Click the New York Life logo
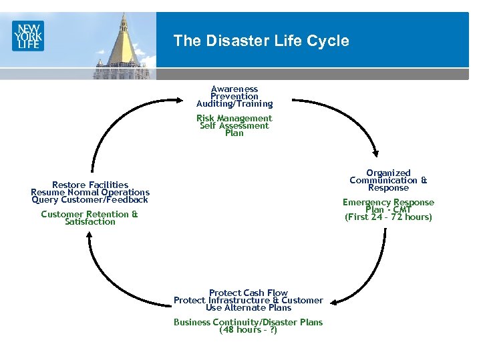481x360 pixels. (27, 35)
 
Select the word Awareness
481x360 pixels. (234, 89)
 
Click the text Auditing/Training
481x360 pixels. (234, 104)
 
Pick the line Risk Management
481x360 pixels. (234, 119)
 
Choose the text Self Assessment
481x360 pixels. (234, 126)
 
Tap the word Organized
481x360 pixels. (388, 173)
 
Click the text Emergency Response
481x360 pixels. (388, 203)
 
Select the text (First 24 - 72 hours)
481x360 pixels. (388, 217)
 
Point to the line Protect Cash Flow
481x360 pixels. (248, 293)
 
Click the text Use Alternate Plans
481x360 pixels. (248, 308)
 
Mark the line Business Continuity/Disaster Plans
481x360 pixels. (248, 323)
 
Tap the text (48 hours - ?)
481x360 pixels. (248, 330)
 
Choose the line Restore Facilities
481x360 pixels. (90, 185)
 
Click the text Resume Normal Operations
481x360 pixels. (90, 192)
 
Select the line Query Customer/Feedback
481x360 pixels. (90, 199)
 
